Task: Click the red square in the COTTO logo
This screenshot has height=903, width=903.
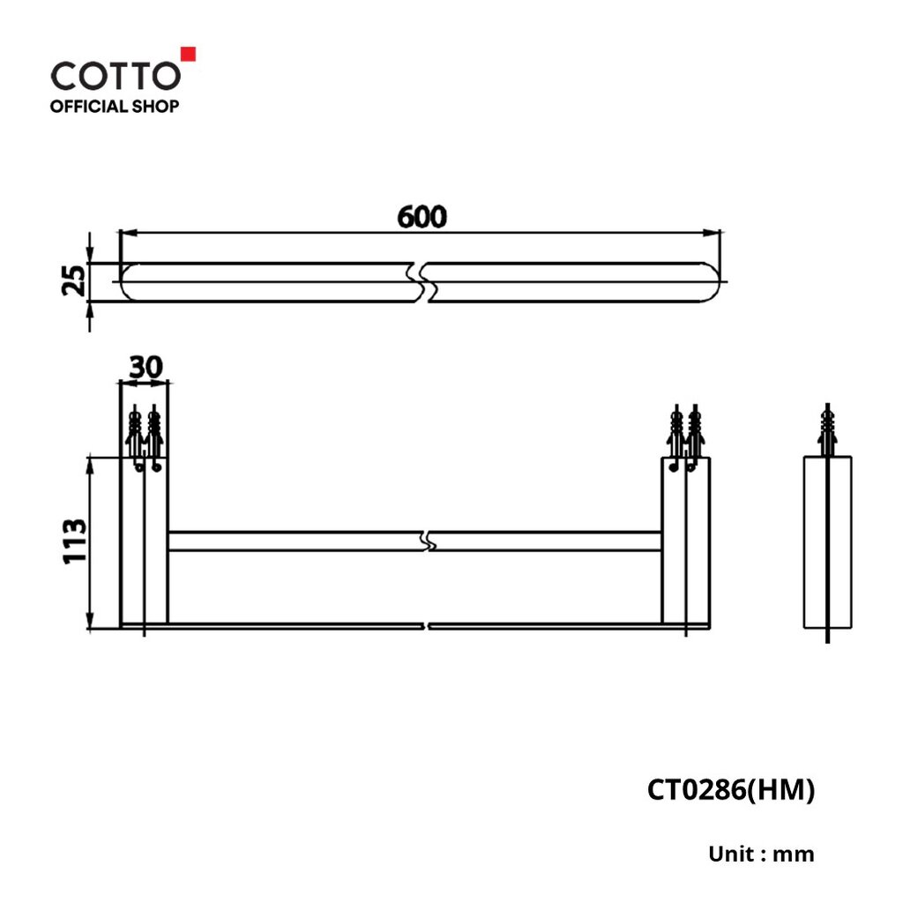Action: [x=189, y=54]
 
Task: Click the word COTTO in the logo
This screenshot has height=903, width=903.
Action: [x=116, y=76]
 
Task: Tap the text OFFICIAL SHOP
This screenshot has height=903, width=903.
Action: [x=115, y=107]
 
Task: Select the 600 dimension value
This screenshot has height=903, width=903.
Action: [x=422, y=217]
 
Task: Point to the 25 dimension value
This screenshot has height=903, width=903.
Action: [x=74, y=280]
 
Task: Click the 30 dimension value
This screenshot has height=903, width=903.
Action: [x=146, y=367]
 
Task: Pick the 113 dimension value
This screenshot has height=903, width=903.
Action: [x=75, y=541]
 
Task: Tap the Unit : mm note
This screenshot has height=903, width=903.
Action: [x=761, y=854]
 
